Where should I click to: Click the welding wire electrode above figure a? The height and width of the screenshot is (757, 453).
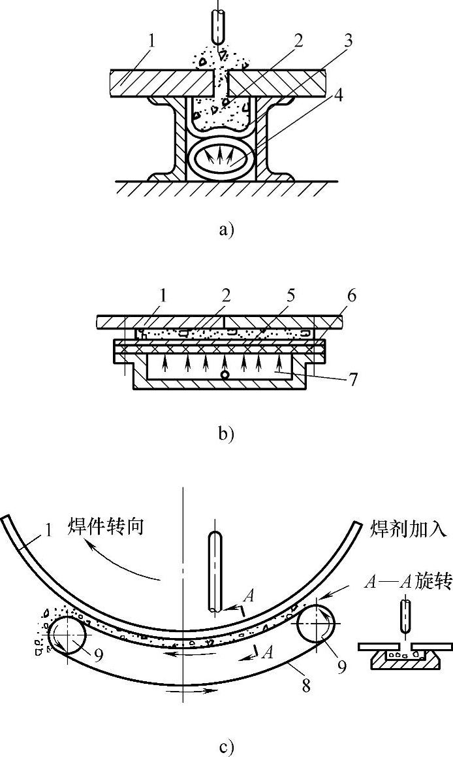click(x=217, y=24)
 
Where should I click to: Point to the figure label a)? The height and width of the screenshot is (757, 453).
click(x=226, y=229)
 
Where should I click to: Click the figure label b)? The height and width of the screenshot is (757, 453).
click(x=226, y=433)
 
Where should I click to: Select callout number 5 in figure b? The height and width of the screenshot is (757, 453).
click(x=290, y=296)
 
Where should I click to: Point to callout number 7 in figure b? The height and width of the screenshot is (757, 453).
click(x=353, y=378)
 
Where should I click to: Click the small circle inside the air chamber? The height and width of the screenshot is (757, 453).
click(x=225, y=376)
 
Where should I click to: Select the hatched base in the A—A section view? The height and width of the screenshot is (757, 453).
click(x=405, y=662)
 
